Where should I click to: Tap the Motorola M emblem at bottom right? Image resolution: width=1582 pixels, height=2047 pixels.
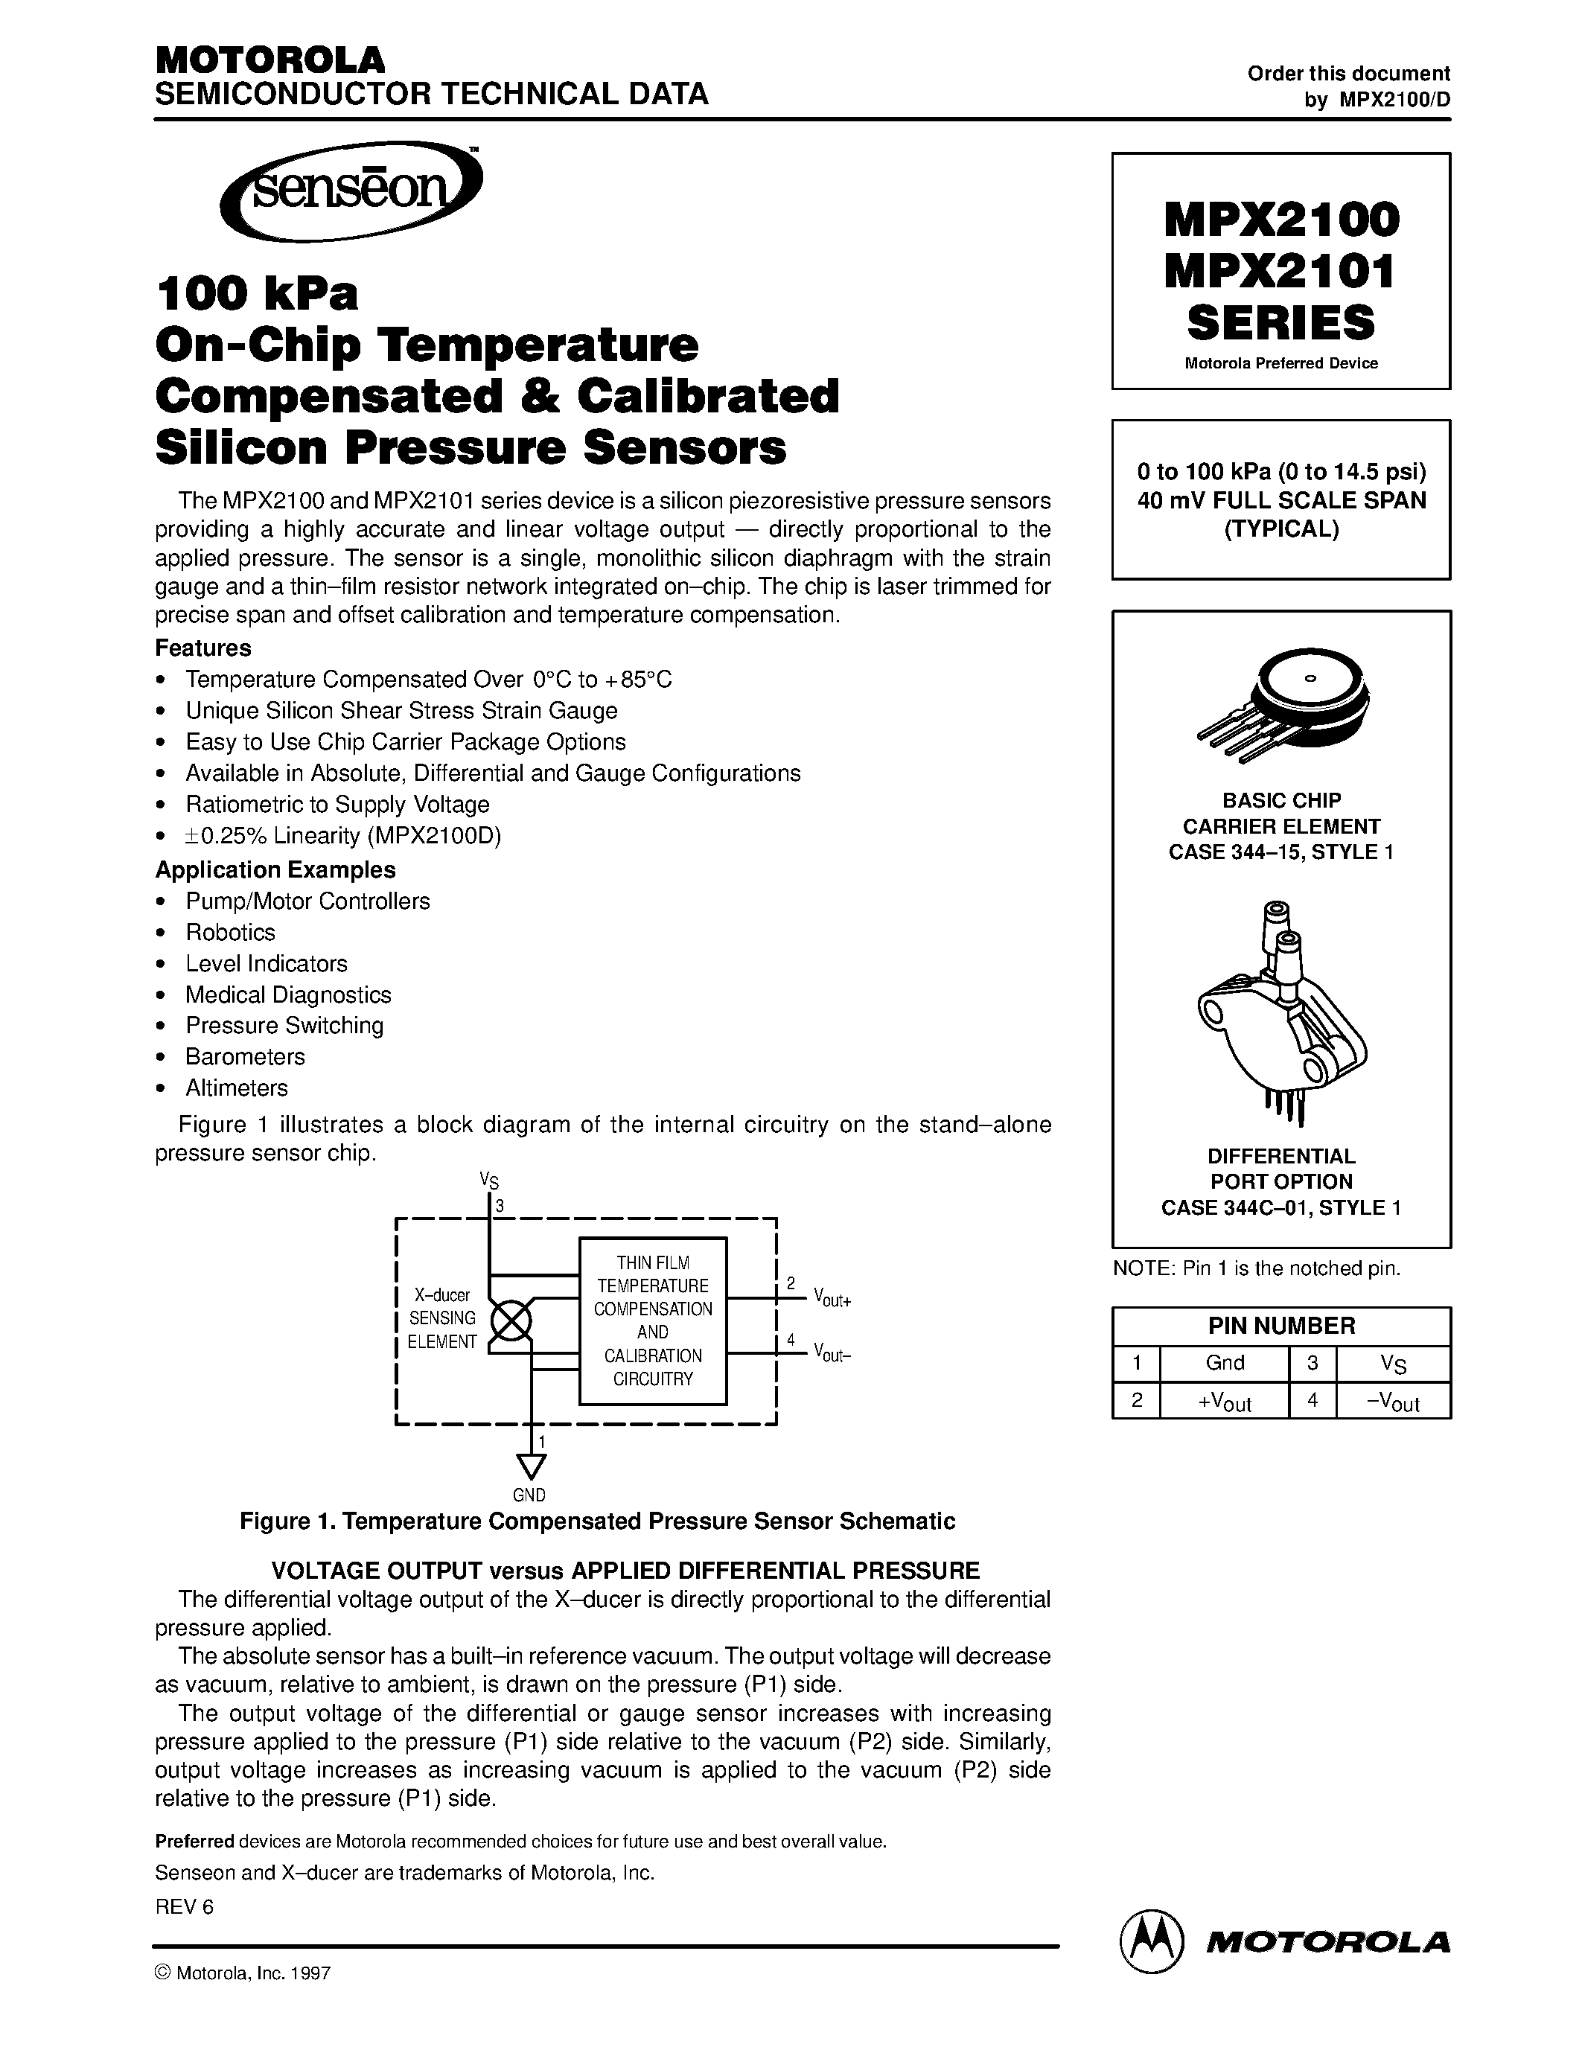[x=1149, y=1938]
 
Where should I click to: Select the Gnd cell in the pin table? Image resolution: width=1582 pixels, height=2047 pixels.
[x=1224, y=1363]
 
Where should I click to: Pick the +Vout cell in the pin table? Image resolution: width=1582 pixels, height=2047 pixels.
[x=1224, y=1401]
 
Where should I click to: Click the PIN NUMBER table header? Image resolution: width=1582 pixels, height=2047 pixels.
[x=1281, y=1325]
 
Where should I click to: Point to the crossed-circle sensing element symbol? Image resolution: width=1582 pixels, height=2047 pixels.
[x=511, y=1321]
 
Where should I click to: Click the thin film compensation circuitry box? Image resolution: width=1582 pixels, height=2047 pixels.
[x=652, y=1321]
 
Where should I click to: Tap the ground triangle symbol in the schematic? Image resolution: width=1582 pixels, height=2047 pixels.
[x=531, y=1466]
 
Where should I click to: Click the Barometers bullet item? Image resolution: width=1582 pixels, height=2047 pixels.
[x=245, y=1056]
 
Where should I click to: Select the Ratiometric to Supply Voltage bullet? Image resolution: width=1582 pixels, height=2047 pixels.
[x=337, y=804]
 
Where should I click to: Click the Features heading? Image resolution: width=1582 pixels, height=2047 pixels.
[x=203, y=648]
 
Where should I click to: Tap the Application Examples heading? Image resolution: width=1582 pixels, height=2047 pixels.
[x=275, y=869]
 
